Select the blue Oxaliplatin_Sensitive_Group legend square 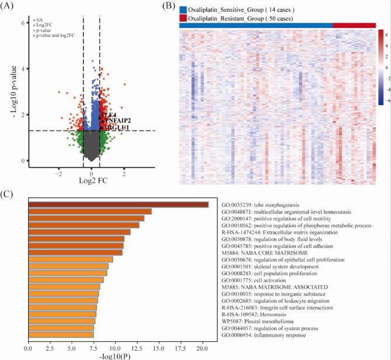(x=184, y=9)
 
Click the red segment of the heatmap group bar (x=354, y=25)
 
